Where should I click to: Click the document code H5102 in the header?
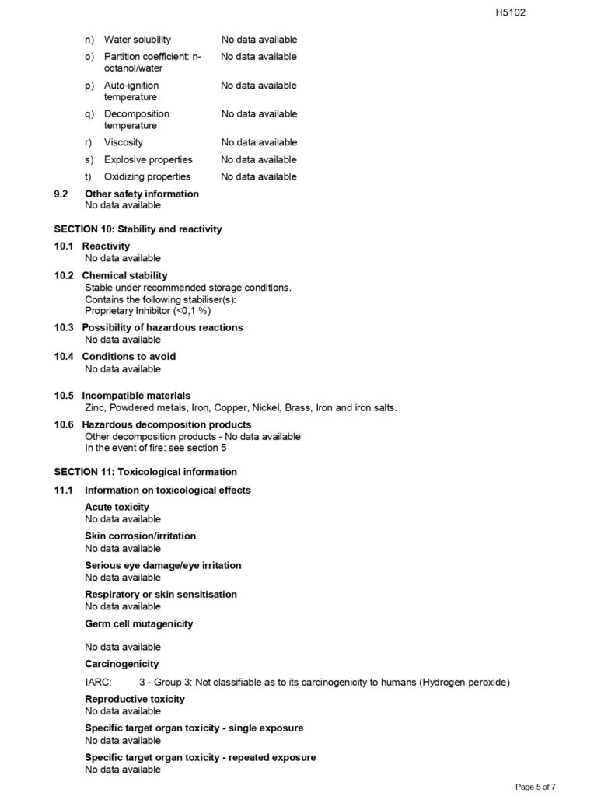point(511,12)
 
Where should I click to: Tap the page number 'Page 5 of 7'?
point(535,787)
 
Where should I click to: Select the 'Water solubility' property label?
point(138,40)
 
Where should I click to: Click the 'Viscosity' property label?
point(124,142)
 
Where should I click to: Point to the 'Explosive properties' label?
point(148,159)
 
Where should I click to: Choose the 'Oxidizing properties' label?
point(147,176)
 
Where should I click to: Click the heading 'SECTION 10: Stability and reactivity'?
point(138,229)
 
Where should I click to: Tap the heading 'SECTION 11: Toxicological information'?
point(145,472)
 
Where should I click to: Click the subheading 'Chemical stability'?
point(124,275)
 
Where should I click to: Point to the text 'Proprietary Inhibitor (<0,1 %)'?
point(148,310)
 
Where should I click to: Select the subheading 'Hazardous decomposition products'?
point(166,424)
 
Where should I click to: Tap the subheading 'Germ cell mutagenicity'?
point(139,623)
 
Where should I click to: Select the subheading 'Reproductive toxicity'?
point(135,699)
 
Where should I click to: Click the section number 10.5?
point(64,396)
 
